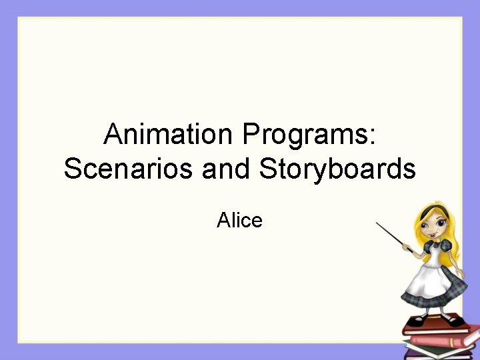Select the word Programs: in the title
point(310,137)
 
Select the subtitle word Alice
point(239,220)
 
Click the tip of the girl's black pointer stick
point(378,224)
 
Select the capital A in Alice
point(223,220)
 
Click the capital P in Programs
point(252,135)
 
